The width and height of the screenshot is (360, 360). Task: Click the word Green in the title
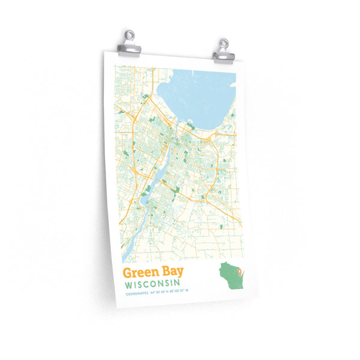tap(137, 274)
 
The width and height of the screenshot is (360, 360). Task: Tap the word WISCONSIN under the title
tap(153, 284)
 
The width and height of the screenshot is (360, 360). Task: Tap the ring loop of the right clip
tap(223, 43)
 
